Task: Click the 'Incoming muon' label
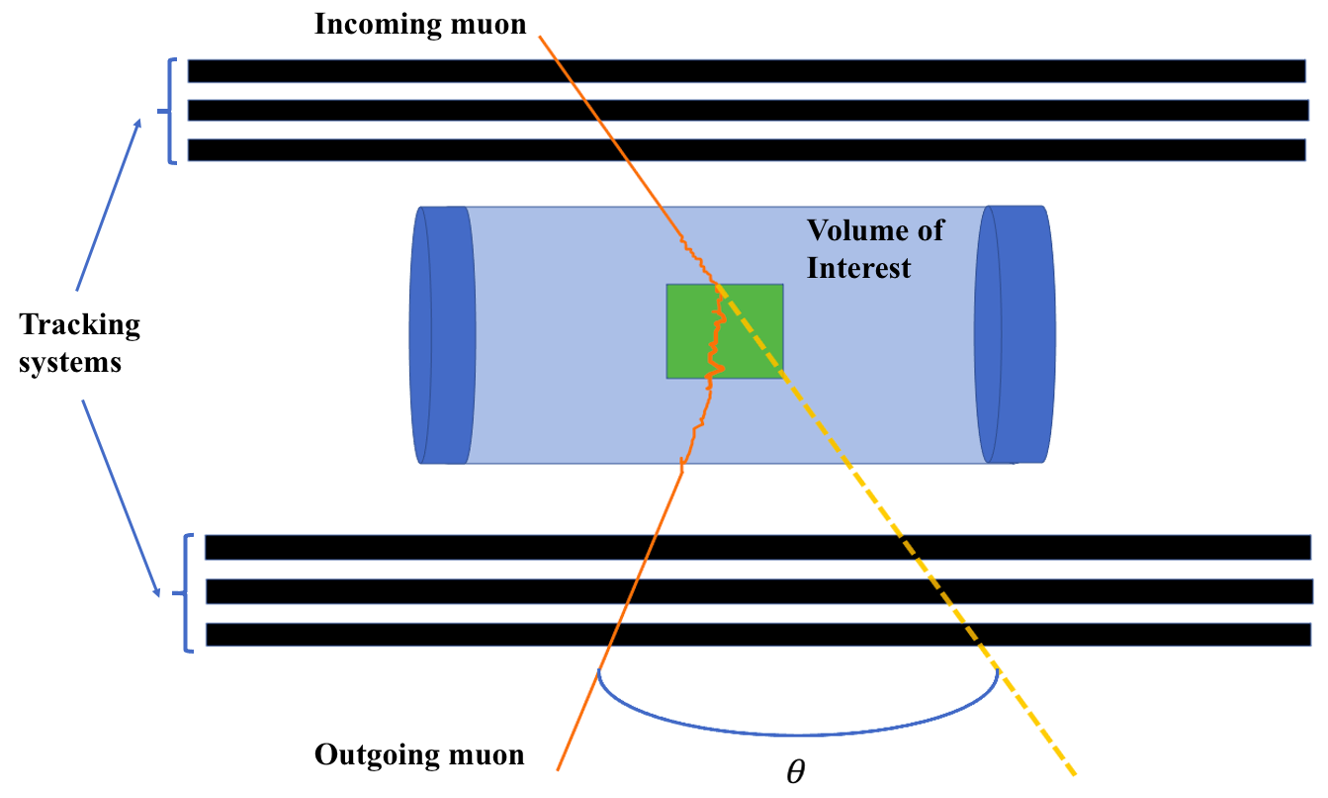[x=420, y=25]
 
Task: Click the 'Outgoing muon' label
[x=419, y=755]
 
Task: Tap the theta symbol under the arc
[x=795, y=772]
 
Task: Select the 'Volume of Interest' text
[x=874, y=248]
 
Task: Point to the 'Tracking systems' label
[x=80, y=342]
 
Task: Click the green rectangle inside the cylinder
[x=752, y=331]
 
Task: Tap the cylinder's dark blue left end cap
[x=437, y=334]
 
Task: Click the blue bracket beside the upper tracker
[x=174, y=110]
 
